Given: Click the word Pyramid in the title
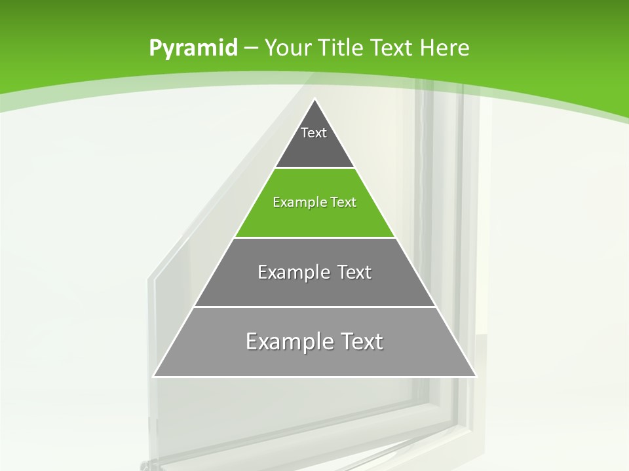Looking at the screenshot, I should coord(193,48).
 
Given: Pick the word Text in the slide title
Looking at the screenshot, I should coord(394,48).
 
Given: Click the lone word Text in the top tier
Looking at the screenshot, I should coord(314,133).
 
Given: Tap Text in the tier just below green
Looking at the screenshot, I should coord(354,272).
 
